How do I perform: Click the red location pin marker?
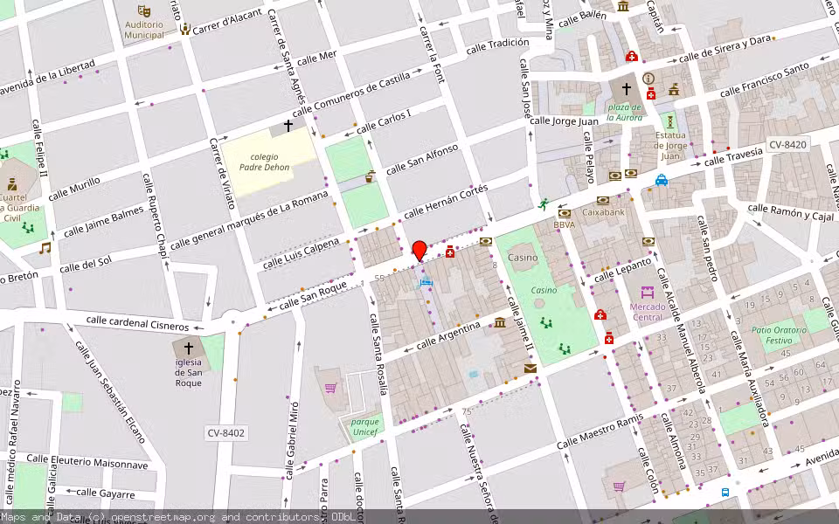[419, 250]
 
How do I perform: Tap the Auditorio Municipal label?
[144, 30]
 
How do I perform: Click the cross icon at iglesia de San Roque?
[188, 348]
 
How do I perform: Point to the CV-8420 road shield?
[787, 144]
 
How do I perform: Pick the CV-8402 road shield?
[226, 432]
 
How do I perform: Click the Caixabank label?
[604, 211]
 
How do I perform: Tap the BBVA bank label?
[565, 224]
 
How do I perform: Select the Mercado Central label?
[648, 312]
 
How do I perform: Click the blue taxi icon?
[662, 181]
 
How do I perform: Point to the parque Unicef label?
[365, 427]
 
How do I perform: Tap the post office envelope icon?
[530, 369]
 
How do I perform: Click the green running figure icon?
[544, 204]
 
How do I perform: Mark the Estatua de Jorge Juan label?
[670, 146]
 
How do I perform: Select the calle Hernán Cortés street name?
[444, 202]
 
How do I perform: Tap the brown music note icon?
[45, 248]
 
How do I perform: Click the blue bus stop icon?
[725, 493]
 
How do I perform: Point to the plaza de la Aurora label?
[626, 111]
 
